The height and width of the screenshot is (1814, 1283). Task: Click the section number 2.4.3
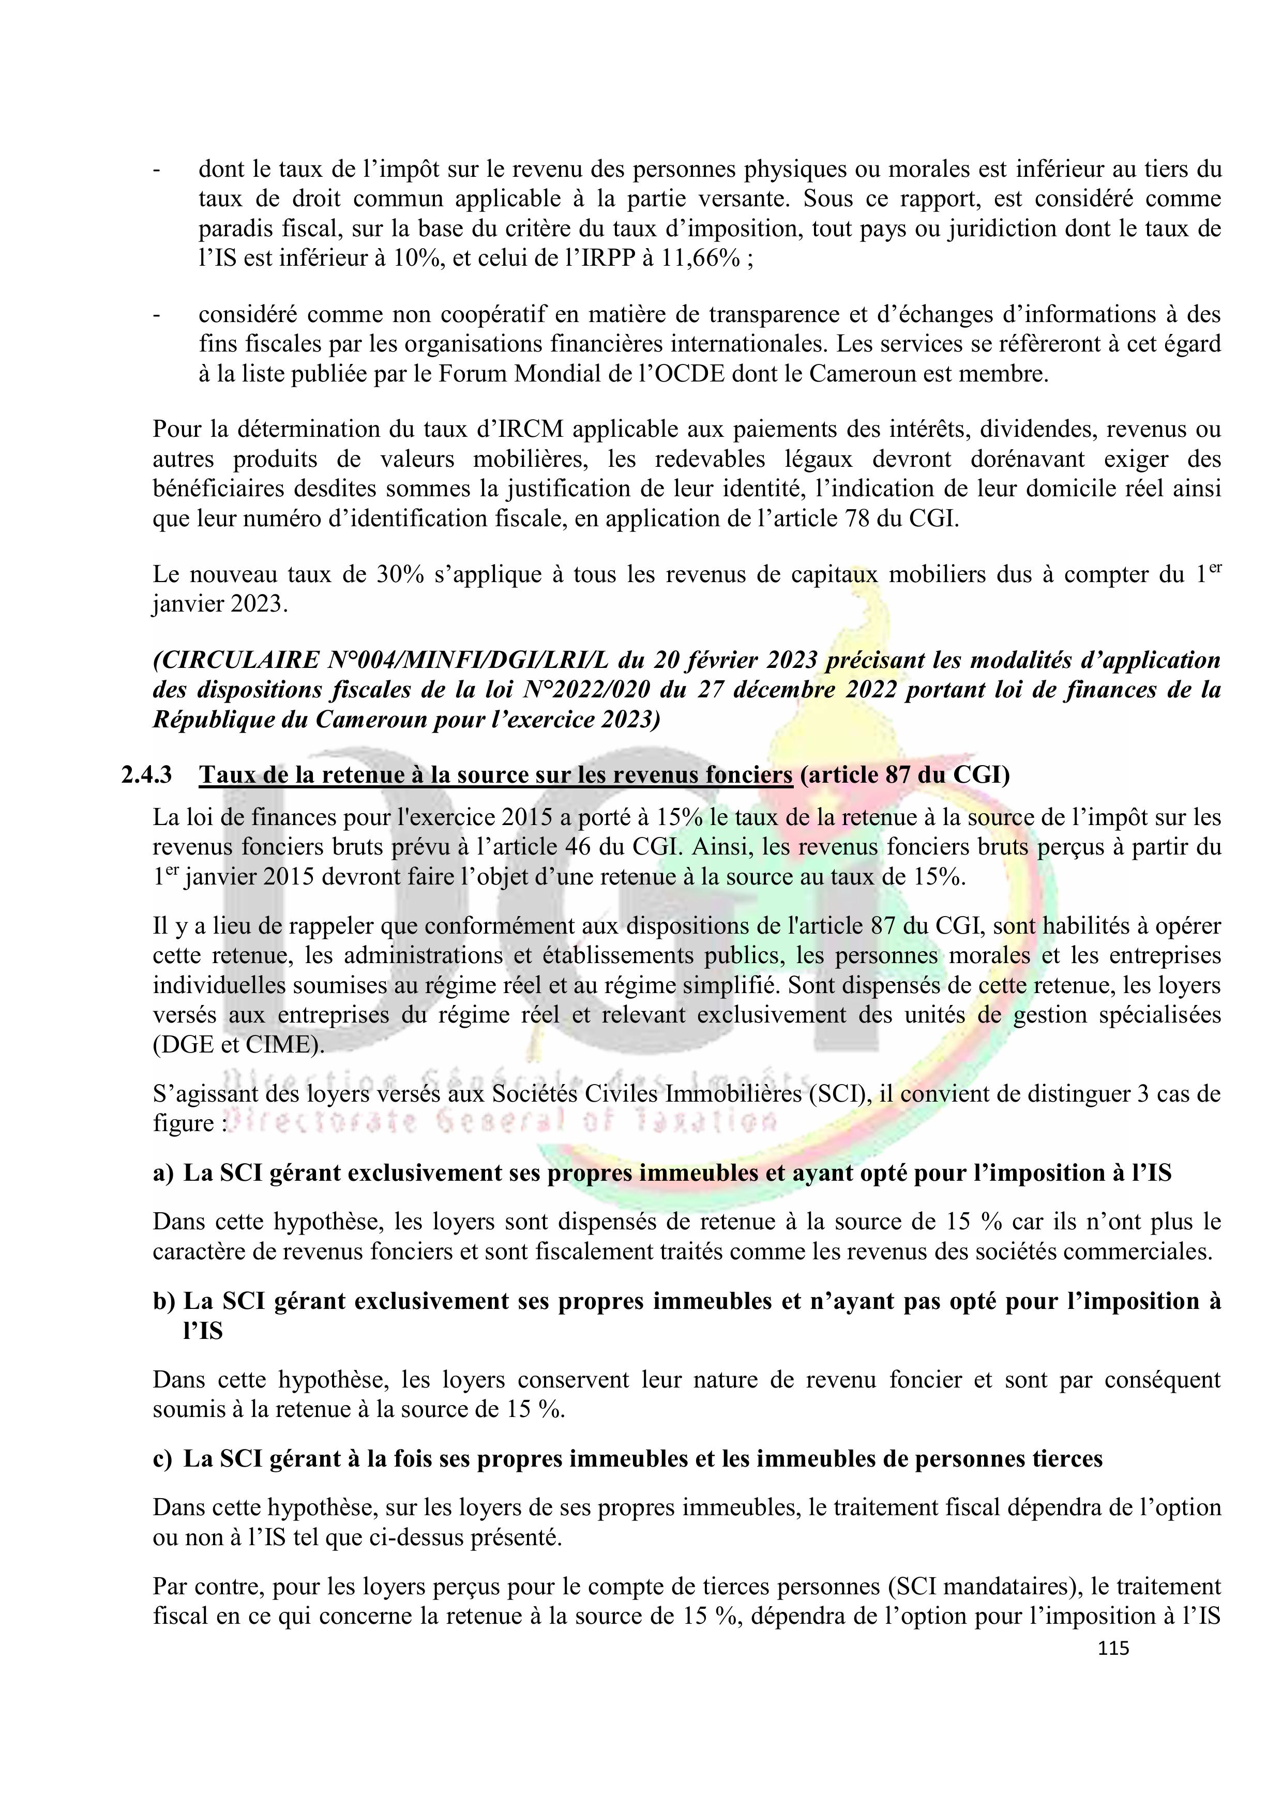tap(146, 775)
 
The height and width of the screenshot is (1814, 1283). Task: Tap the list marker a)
tap(163, 1173)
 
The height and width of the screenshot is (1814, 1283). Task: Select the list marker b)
tap(163, 1301)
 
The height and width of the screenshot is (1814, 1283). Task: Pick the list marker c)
tap(163, 1458)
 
